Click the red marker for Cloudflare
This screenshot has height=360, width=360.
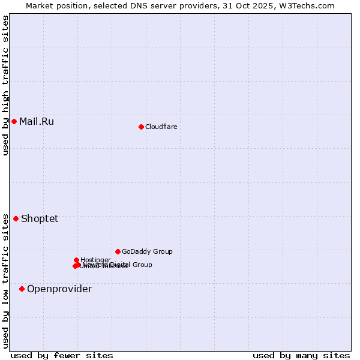pyautogui.click(x=141, y=127)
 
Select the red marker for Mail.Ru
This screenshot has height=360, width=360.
pyautogui.click(x=14, y=121)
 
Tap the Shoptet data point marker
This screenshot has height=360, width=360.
pyautogui.click(x=16, y=218)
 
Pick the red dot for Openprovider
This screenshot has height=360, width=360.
pyautogui.click(x=22, y=289)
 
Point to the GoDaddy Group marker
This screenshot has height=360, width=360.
pyautogui.click(x=118, y=251)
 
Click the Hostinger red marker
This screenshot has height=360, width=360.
pyautogui.click(x=76, y=260)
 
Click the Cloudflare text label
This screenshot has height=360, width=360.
pyautogui.click(x=161, y=127)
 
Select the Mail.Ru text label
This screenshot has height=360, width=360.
pyautogui.click(x=36, y=121)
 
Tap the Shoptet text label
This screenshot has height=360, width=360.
pyautogui.click(x=40, y=218)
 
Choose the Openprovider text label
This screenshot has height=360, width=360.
pyautogui.click(x=59, y=289)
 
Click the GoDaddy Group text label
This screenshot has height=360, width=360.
pyautogui.click(x=147, y=251)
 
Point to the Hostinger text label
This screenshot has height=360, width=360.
pyautogui.click(x=95, y=260)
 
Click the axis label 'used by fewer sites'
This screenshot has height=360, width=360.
pyautogui.click(x=62, y=355)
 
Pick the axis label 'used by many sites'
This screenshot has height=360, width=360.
pyautogui.click(x=301, y=355)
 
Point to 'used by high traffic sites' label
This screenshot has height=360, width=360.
pyautogui.click(x=5, y=85)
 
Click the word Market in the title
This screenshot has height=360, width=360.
pyautogui.click(x=40, y=5)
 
